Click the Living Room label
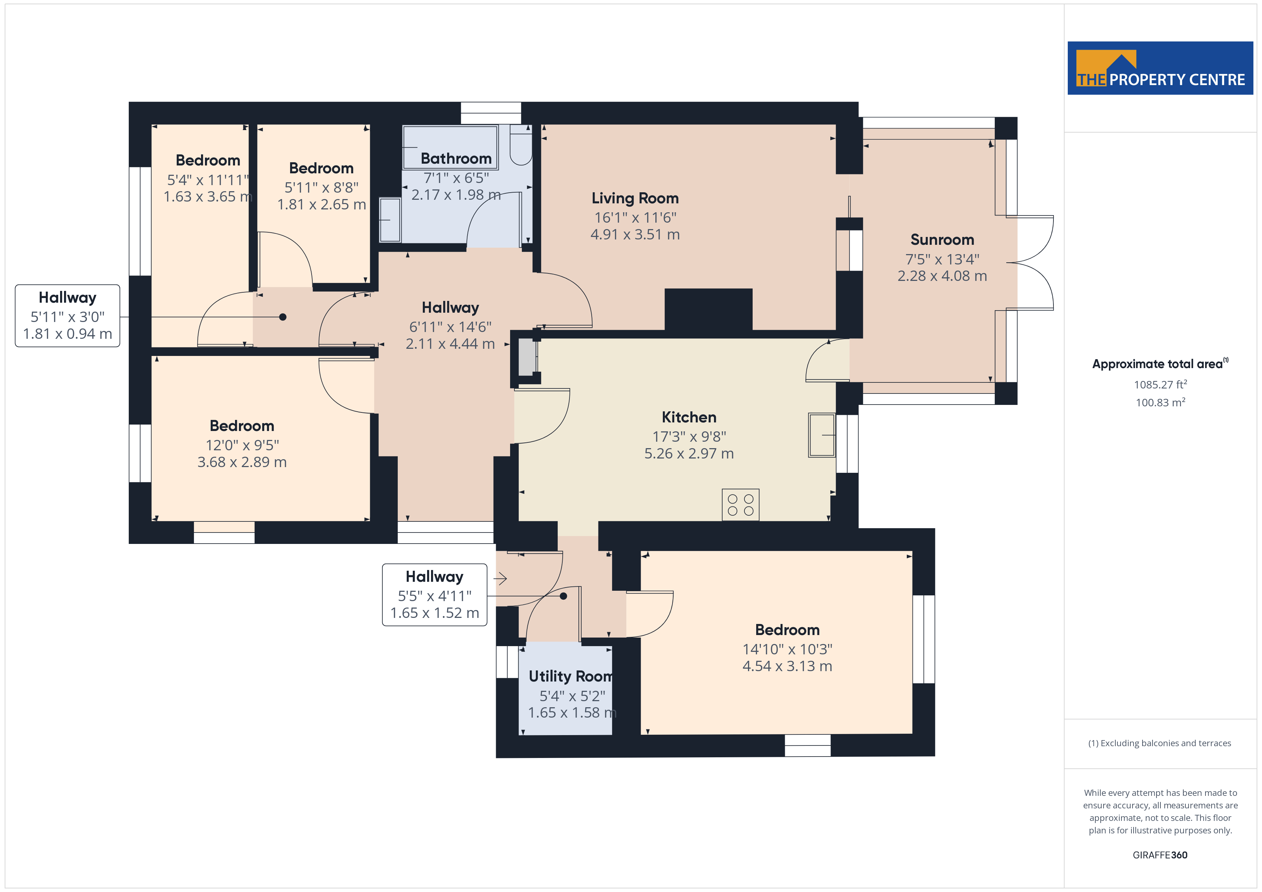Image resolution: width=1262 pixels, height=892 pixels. pos(635,198)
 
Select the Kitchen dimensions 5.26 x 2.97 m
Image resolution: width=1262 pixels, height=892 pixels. pos(689,454)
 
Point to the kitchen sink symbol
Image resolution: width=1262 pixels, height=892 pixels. pos(821,435)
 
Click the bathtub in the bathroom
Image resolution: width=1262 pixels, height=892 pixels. pos(450,147)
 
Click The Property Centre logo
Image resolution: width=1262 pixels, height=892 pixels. pos(1160,69)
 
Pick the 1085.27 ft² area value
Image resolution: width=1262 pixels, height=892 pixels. pos(1160,385)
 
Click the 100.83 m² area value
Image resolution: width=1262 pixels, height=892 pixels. pos(1160,403)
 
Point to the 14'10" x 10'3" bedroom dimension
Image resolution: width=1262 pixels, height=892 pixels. pos(787,649)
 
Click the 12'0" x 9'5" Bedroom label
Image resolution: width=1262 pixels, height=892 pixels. pos(242,426)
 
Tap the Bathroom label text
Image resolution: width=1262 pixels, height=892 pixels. pos(456,159)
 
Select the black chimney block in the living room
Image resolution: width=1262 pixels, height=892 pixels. pos(708,309)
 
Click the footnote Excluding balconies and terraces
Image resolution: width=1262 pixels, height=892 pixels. pos(1159,743)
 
